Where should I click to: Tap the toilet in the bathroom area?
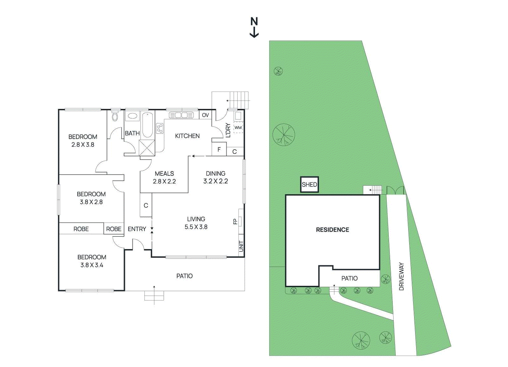[115, 116]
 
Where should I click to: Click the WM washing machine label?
[238, 128]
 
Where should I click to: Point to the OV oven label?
[205, 115]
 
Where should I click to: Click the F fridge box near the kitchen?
[219, 149]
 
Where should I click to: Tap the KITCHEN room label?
[187, 136]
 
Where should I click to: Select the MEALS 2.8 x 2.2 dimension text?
[164, 181]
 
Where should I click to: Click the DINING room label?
[216, 173]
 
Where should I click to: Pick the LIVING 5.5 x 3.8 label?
[196, 223]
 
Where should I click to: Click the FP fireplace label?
[235, 221]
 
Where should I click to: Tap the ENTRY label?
[137, 229]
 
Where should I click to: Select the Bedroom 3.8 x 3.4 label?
[92, 261]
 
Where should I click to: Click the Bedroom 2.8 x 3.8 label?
[83, 141]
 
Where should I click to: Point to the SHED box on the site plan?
[310, 185]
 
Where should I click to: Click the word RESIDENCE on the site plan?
[332, 230]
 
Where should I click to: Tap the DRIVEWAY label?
[401, 276]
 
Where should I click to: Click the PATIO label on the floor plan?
[184, 276]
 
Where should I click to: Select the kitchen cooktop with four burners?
[160, 128]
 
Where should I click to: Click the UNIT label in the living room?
[241, 246]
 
